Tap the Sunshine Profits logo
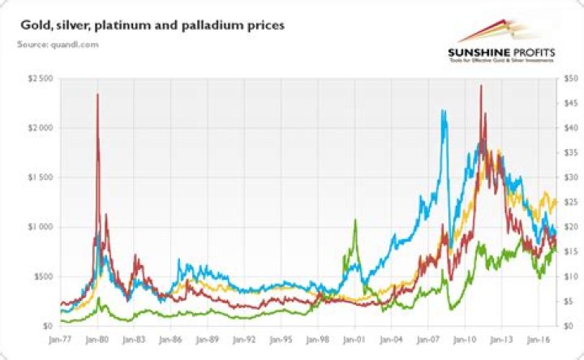pyautogui.click(x=502, y=45)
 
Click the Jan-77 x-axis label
pyautogui.click(x=61, y=342)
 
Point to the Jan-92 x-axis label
pyautogui.click(x=244, y=342)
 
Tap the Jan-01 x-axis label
pyautogui.click(x=354, y=342)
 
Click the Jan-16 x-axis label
pyautogui.click(x=536, y=342)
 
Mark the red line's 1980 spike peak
pyautogui.click(x=97, y=94)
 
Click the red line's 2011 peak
pyautogui.click(x=481, y=86)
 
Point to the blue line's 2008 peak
pyautogui.click(x=444, y=111)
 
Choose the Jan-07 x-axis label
pyautogui.click(x=427, y=342)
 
